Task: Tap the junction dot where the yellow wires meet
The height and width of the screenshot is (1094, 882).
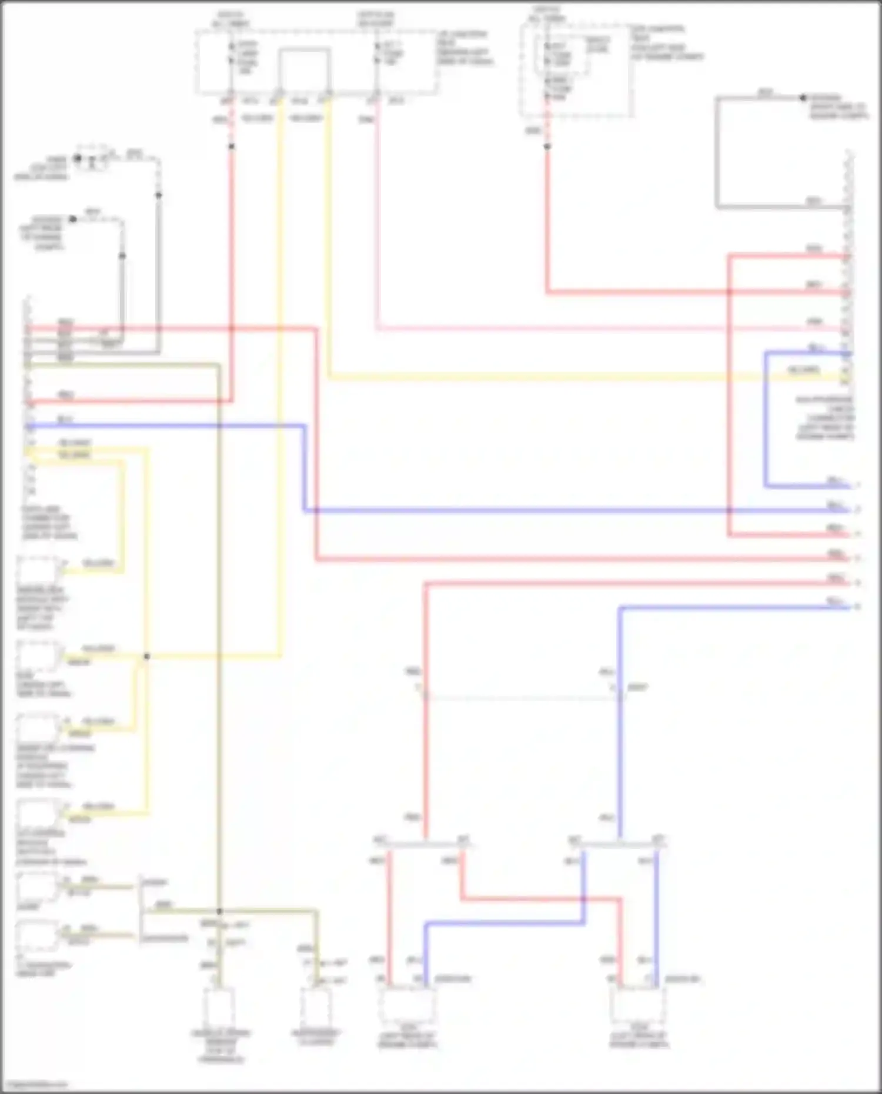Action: [x=146, y=656]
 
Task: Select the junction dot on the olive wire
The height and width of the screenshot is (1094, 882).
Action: [x=219, y=911]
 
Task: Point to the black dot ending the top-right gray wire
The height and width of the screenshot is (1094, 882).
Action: [x=803, y=98]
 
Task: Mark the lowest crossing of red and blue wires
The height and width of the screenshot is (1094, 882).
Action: [x=584, y=899]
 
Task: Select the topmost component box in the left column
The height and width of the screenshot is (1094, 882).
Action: [x=38, y=570]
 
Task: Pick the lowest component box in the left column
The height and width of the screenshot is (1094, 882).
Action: [x=38, y=937]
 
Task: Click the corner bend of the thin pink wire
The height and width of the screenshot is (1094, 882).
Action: [x=377, y=328]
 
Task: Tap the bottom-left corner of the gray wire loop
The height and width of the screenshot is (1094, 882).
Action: [x=717, y=207]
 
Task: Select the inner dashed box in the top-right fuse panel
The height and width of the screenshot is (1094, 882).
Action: [x=561, y=55]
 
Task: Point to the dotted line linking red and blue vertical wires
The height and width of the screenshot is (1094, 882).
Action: [x=522, y=698]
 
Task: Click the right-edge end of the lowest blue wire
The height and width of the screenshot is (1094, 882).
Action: [x=850, y=607]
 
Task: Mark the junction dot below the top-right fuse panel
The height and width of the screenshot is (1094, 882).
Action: [x=547, y=146]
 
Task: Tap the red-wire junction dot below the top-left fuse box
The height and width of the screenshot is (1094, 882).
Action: [x=231, y=146]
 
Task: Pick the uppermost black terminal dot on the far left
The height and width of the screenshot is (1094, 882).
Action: [x=78, y=158]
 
